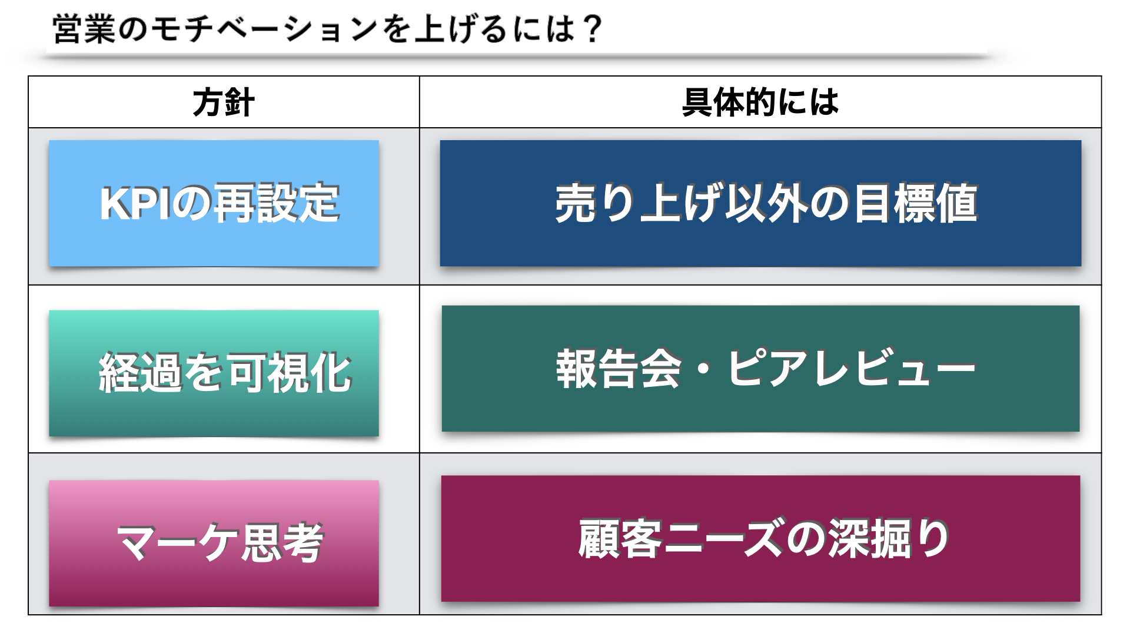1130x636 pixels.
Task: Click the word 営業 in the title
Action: [x=84, y=29]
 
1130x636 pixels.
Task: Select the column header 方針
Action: [x=224, y=102]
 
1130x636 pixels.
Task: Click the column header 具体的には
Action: [x=760, y=102]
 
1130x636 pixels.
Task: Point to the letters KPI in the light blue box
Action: [x=137, y=203]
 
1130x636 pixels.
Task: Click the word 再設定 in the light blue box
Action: [x=275, y=203]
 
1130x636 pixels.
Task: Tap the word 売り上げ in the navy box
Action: [x=639, y=203]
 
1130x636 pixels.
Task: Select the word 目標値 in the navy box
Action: [x=916, y=203]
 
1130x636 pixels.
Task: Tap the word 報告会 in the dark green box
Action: [x=618, y=369]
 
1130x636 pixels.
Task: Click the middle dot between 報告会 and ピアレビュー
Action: [x=703, y=370]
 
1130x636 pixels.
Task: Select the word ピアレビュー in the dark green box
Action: [x=852, y=369]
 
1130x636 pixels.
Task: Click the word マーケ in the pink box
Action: [x=179, y=542]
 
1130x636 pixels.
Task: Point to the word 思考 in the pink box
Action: [x=283, y=542]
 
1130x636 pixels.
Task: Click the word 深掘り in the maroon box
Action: [x=888, y=538]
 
